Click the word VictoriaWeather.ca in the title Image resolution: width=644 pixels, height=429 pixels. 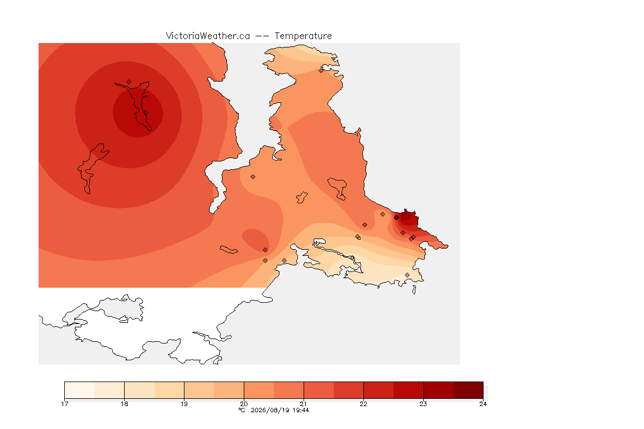(x=208, y=36)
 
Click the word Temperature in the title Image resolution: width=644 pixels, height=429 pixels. (x=303, y=36)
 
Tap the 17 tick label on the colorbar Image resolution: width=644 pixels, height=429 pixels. (x=64, y=404)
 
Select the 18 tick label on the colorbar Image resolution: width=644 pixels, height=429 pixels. (x=125, y=404)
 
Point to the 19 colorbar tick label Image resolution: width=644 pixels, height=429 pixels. (x=184, y=404)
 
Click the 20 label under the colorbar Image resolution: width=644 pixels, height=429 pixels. (x=244, y=404)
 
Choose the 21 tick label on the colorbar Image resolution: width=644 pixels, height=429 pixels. (x=304, y=404)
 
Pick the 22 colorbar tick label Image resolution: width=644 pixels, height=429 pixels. (x=363, y=404)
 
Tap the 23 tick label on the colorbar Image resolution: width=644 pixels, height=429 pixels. (x=423, y=404)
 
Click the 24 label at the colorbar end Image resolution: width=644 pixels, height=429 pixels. (x=483, y=404)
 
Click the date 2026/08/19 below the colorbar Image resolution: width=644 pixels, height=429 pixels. (x=270, y=410)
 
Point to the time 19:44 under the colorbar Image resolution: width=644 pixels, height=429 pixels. (x=301, y=410)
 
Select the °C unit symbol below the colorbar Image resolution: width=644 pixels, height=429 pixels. (x=242, y=410)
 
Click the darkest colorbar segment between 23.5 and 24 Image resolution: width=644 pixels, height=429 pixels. (x=468, y=390)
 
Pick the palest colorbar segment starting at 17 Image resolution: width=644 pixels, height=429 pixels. (x=80, y=390)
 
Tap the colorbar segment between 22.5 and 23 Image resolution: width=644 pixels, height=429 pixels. (x=408, y=390)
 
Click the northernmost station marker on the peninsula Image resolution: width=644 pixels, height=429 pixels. (x=321, y=70)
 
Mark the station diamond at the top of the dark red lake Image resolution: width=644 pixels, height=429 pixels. (x=129, y=82)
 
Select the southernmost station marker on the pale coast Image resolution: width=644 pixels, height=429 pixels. (x=407, y=275)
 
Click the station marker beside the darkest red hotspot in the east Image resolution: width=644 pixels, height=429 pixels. (x=396, y=218)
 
